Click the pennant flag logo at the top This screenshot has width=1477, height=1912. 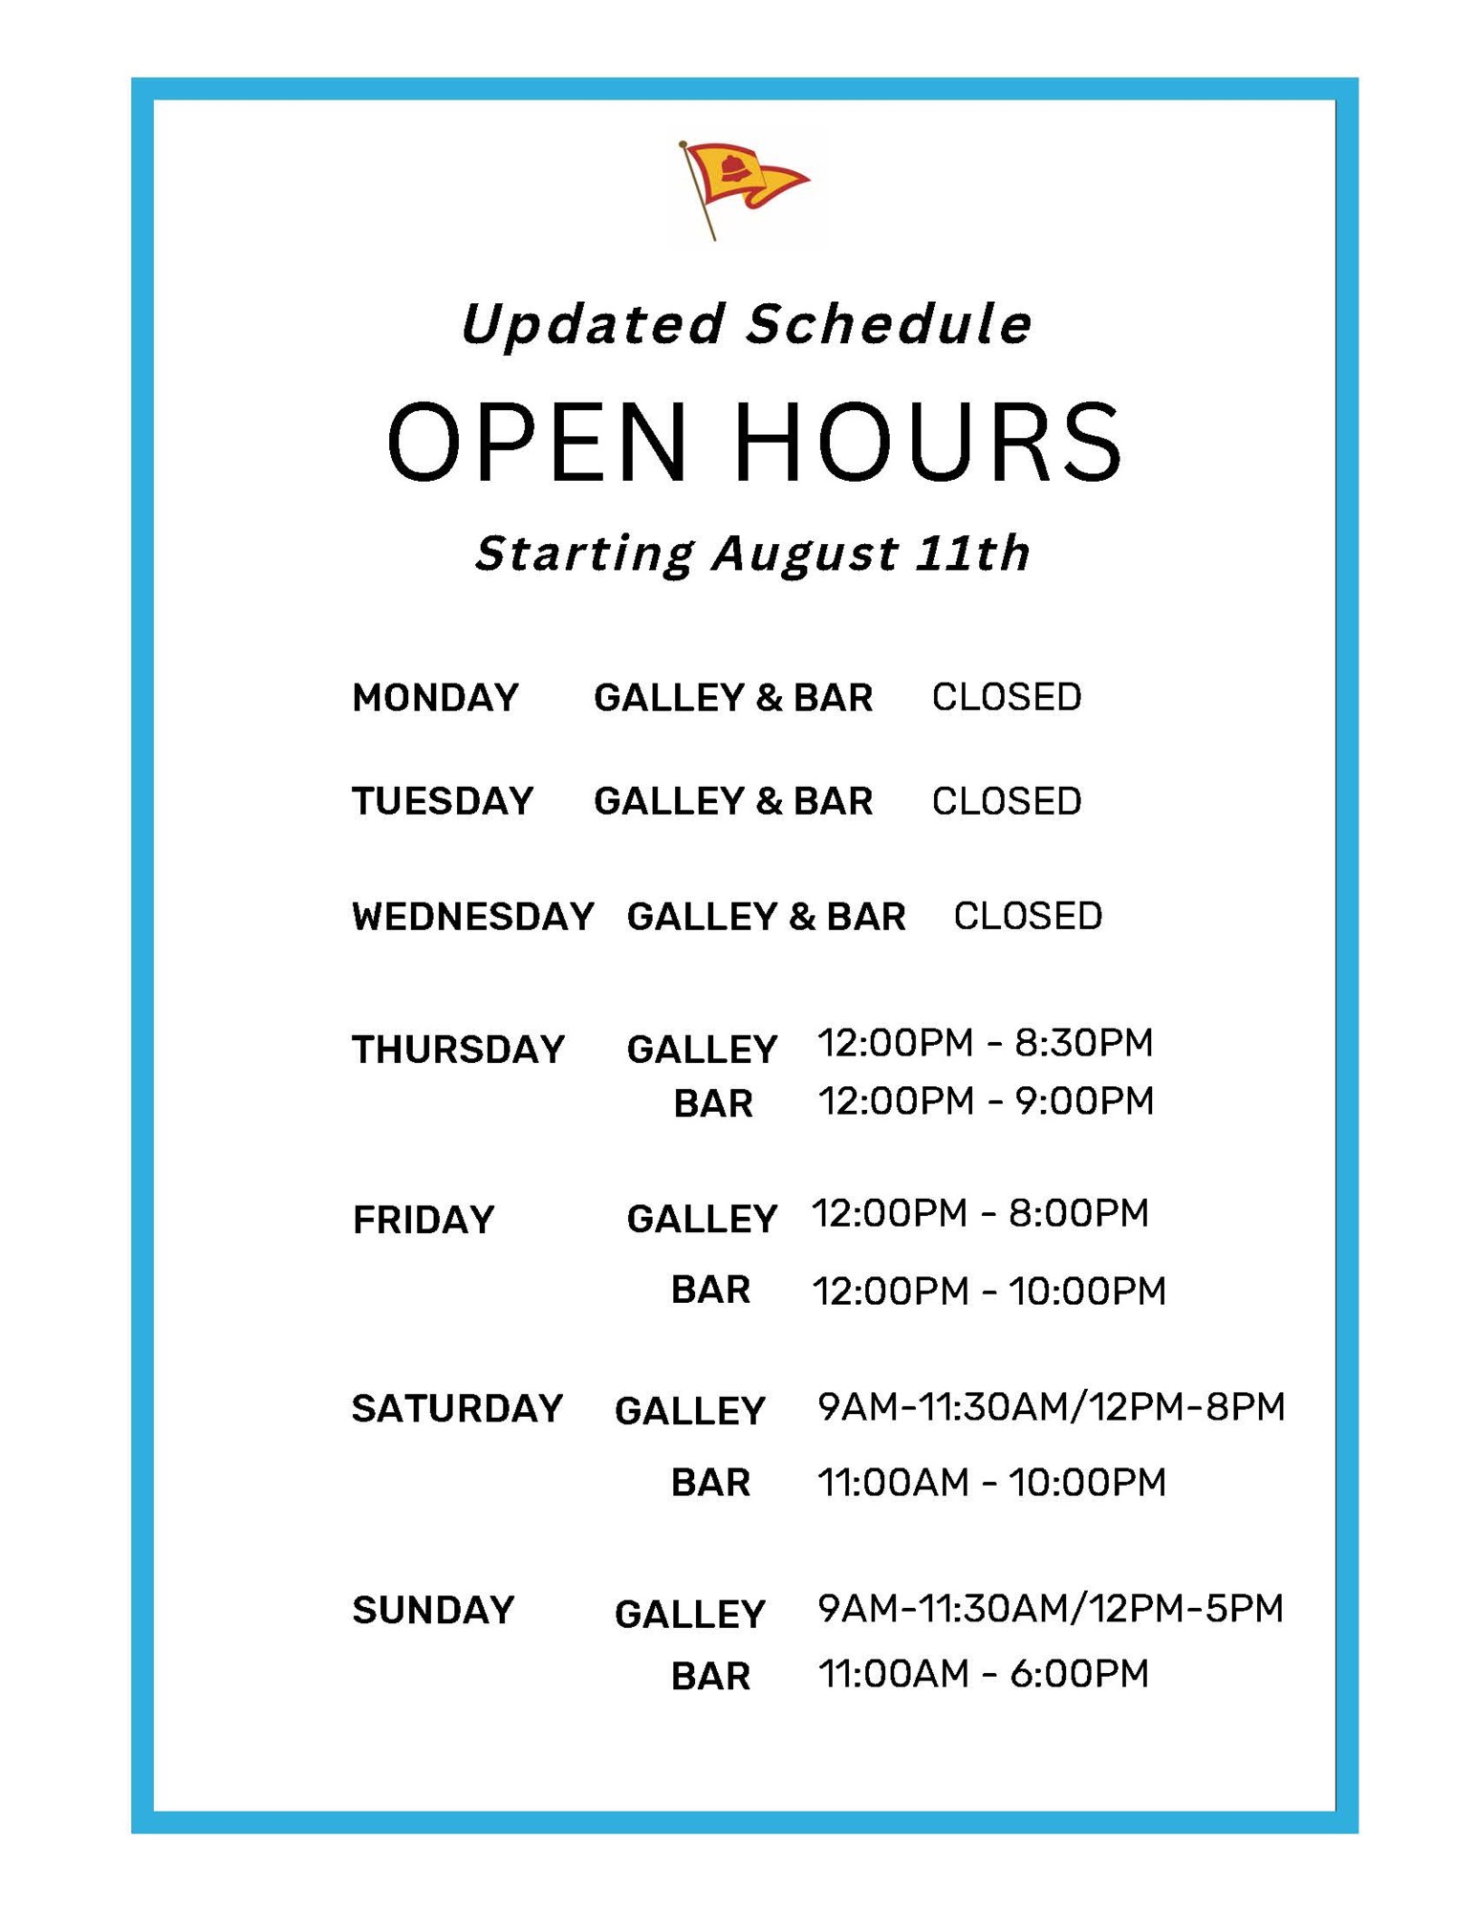742,188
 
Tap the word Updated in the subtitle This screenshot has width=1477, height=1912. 594,323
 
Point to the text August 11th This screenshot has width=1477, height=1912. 870,553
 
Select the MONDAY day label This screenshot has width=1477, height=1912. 435,698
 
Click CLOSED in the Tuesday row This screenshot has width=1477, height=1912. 1007,801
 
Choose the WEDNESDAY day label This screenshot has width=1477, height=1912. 473,917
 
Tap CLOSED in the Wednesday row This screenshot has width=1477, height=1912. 1028,916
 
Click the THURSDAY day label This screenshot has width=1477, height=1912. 459,1050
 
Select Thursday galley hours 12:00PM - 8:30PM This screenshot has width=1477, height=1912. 986,1042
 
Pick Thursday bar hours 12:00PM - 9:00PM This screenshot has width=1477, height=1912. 987,1101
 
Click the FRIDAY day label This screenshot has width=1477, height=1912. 424,1220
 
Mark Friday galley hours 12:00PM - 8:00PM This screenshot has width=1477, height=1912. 980,1213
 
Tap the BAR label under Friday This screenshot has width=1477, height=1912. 710,1291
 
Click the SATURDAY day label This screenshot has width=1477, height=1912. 457,1409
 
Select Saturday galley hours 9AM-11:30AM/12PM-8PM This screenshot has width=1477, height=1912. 1052,1406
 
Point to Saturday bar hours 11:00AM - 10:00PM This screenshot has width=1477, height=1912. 992,1483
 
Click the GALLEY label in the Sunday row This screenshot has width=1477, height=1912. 690,1615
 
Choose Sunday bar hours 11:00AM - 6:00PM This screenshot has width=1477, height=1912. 984,1674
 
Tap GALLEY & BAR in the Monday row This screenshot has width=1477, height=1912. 733,698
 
